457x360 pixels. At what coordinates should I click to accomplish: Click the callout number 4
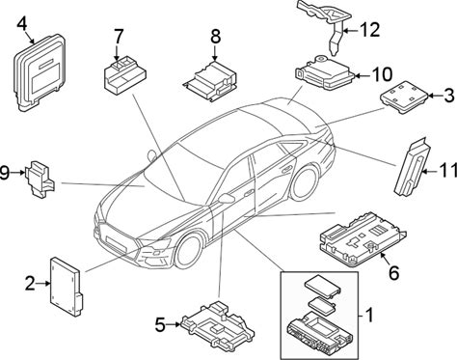pos(23,24)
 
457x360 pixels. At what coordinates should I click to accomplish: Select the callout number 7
pos(118,37)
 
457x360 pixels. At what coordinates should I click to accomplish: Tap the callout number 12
pos(369,29)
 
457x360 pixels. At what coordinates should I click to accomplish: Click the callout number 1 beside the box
pos(369,315)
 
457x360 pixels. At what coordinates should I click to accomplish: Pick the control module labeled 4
pos(39,72)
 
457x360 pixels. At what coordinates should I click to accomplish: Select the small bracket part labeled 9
pos(40,179)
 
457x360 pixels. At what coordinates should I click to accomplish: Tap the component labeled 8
pos(211,80)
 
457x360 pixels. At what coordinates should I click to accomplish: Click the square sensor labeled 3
pos(404,97)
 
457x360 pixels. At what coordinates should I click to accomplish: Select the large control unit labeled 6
pos(363,238)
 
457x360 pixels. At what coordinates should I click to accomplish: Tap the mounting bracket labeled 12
pos(326,22)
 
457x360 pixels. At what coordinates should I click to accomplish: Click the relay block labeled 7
pos(124,76)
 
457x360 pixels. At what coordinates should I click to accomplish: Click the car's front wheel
pos(190,252)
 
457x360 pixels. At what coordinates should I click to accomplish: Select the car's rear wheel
pos(304,182)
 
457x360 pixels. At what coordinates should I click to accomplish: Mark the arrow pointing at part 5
pos(174,324)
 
